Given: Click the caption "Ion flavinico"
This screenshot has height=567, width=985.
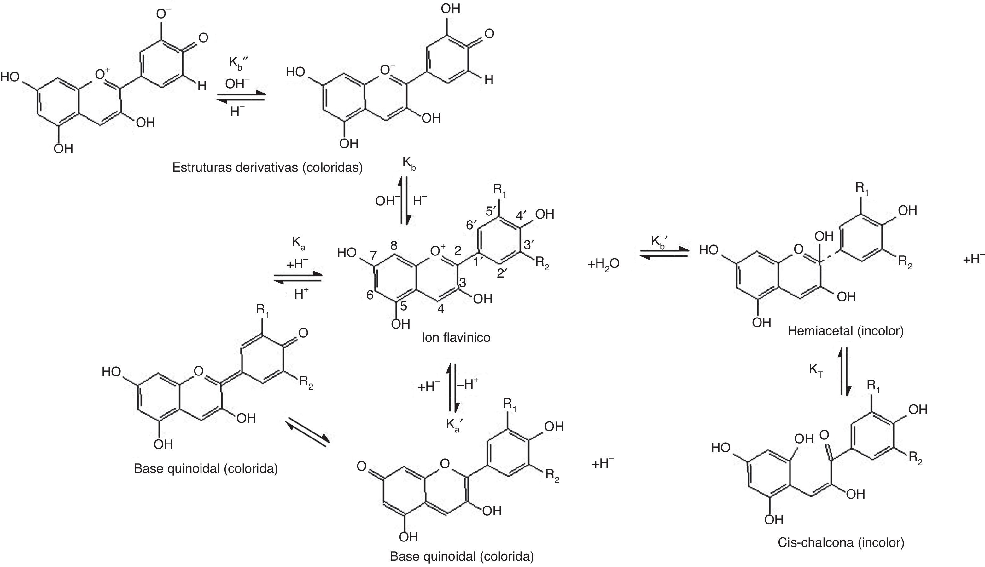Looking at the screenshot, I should (456, 337).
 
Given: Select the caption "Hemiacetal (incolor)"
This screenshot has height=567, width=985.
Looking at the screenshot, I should (845, 331).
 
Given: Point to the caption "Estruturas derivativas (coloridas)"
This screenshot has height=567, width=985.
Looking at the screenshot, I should (267, 168).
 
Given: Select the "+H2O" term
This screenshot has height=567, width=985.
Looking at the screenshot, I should (603, 264).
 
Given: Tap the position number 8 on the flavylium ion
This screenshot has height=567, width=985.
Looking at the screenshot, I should (394, 245).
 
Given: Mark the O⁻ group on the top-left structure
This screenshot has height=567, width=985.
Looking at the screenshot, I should (164, 14).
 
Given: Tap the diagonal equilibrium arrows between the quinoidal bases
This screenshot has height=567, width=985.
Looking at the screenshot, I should (308, 431).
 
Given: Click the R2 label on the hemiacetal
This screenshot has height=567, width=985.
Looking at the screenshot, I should (906, 261).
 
